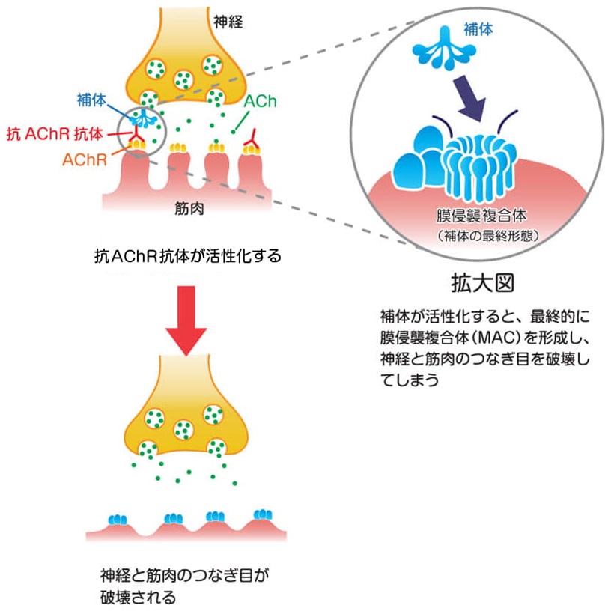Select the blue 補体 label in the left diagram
(x=92, y=99)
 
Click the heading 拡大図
(x=482, y=284)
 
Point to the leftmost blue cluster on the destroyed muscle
(x=119, y=519)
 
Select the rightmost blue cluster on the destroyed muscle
(x=263, y=515)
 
